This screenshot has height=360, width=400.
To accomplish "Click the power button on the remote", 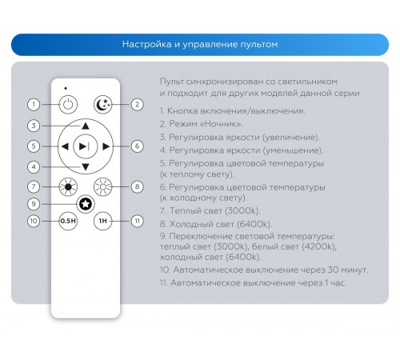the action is pos(68,104).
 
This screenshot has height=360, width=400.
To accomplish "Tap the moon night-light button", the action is pos(103,104).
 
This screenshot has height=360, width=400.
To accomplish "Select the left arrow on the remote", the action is pos(65,146).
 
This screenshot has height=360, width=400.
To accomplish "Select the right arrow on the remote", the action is pos(106,146).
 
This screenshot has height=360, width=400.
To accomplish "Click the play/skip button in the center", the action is pos(86,146).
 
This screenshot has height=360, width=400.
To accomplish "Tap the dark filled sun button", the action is pos(68,186).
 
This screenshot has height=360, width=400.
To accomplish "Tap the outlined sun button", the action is pos(103,186).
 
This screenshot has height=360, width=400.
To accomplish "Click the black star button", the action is pos(86,204).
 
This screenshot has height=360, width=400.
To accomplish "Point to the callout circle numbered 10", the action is pos(34,221).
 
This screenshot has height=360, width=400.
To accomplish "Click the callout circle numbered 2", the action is pos(137,104).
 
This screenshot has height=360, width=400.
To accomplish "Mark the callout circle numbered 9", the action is pos(34,204).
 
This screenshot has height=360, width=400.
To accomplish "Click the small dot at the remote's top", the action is pos(66,88).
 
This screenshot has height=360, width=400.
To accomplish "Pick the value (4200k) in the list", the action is pos(319,246).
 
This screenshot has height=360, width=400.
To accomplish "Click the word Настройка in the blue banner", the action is pos(147,44).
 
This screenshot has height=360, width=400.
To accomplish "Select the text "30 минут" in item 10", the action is pos(348,270).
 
